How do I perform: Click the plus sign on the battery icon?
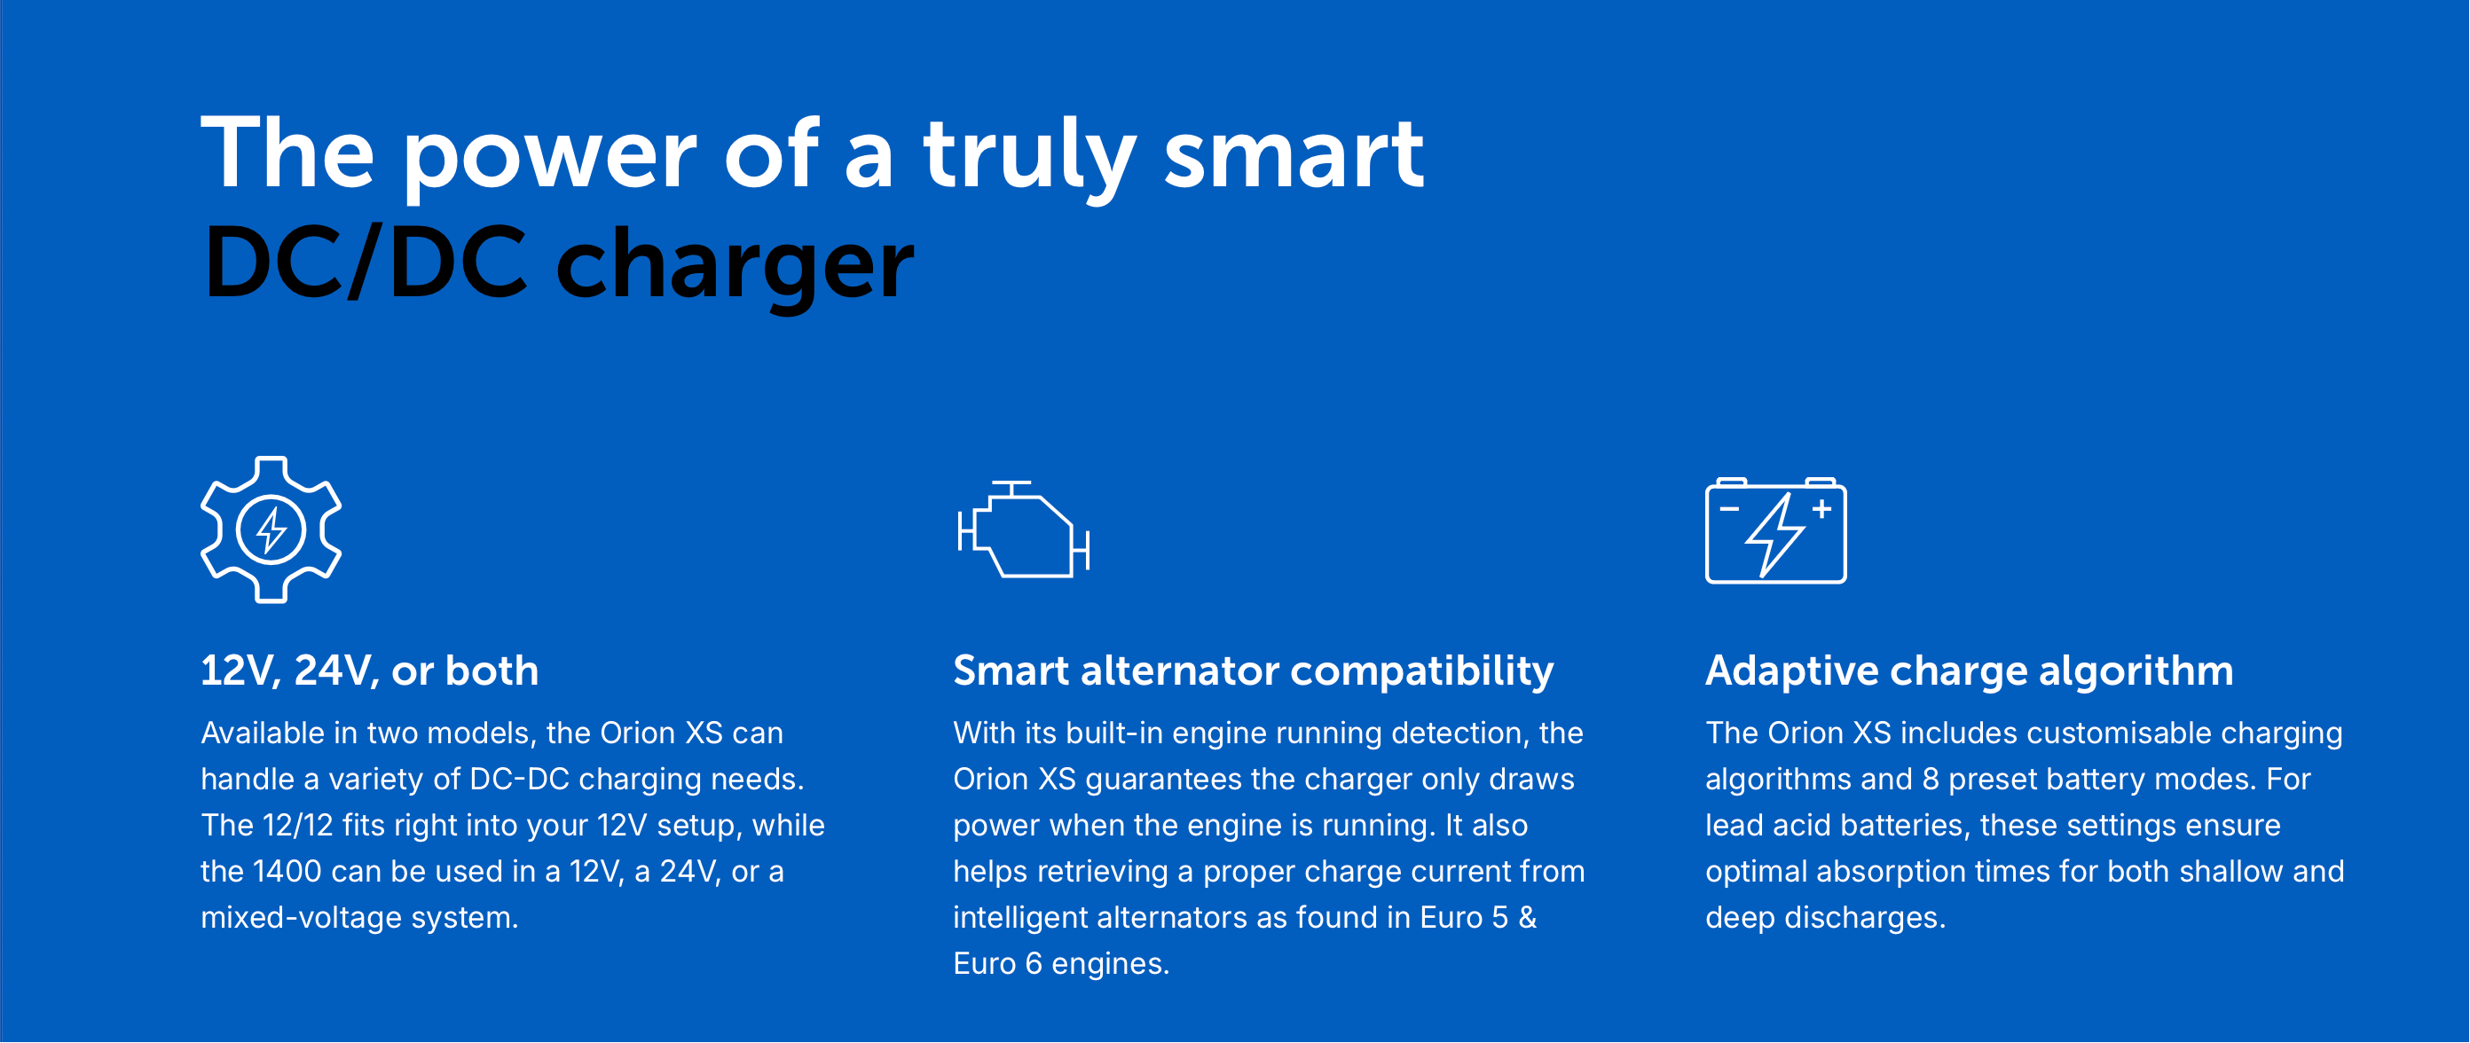pos(1821,509)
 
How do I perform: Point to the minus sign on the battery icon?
pos(1729,509)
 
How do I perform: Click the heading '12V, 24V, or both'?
pos(369,671)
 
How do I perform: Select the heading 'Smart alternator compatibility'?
pos(1254,671)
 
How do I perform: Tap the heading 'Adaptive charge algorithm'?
pos(1970,671)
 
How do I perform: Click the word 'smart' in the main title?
pos(1294,153)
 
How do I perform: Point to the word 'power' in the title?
pos(549,161)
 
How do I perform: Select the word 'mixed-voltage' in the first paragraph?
pos(301,918)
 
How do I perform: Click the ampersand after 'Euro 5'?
pos(1528,917)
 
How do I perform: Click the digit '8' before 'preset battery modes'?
pos(1931,780)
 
